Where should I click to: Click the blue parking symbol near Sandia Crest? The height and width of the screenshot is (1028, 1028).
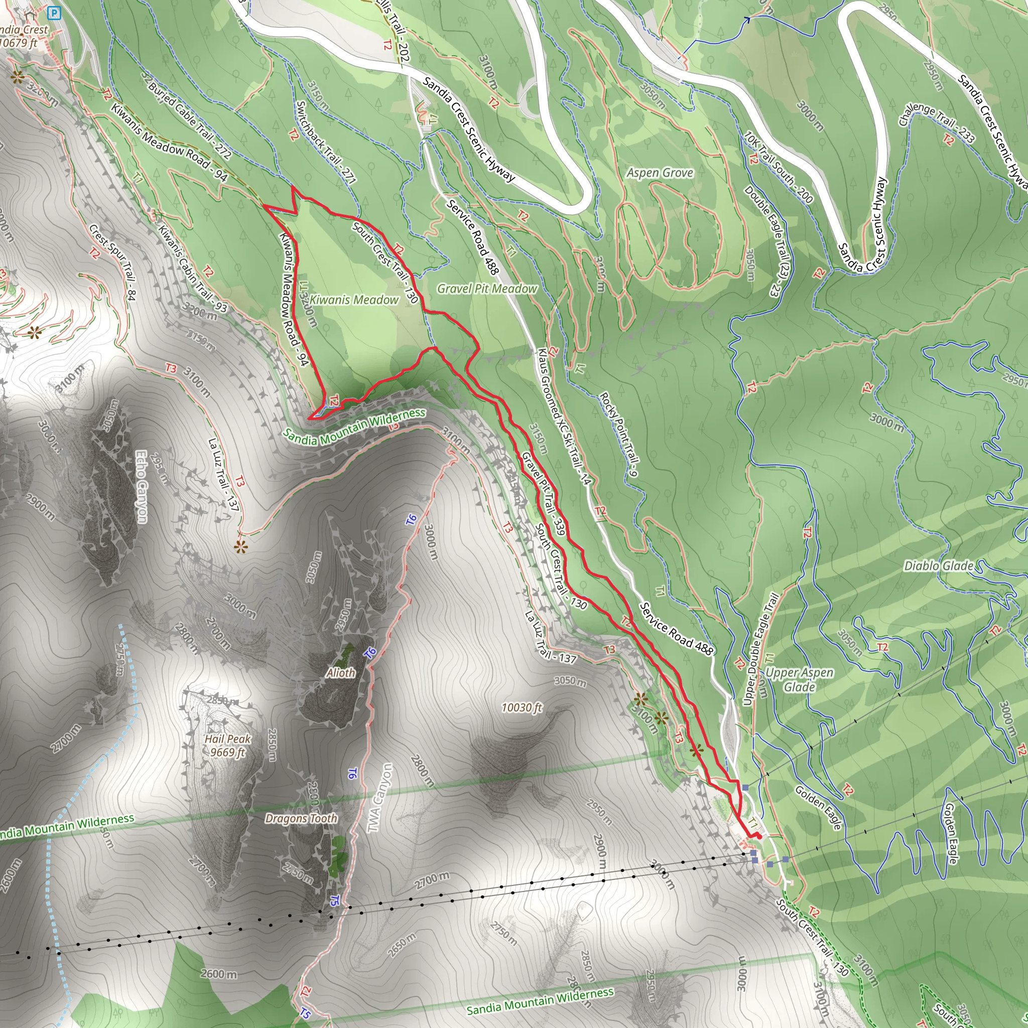[54, 13]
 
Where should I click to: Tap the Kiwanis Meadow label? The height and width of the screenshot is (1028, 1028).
[354, 300]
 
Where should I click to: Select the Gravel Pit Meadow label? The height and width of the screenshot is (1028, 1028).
[487, 289]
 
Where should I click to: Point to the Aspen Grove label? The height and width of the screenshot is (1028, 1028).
[660, 173]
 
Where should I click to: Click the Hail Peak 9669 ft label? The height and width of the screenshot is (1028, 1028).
[228, 745]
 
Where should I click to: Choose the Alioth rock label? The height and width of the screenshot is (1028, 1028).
[340, 673]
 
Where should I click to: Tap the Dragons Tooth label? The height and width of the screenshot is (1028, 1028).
[301, 818]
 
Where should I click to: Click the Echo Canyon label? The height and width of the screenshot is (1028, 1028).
[142, 486]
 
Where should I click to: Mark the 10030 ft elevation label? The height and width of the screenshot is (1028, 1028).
[522, 708]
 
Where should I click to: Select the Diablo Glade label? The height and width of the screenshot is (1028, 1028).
[939, 566]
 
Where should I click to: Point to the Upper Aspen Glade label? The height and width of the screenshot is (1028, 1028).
[799, 680]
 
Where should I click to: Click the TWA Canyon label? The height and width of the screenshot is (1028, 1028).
[380, 798]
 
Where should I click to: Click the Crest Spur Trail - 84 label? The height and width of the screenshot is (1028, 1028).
[113, 263]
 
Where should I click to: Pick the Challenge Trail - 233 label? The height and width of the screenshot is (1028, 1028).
[937, 123]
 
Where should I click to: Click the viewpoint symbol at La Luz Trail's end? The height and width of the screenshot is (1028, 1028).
[241, 547]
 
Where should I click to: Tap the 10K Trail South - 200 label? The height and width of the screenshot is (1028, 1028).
[778, 168]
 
